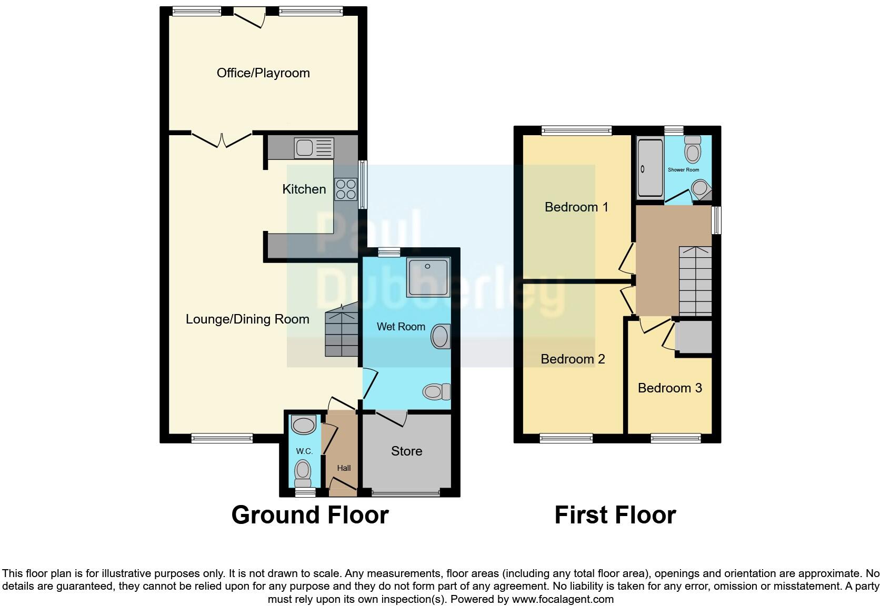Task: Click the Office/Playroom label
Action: (263, 73)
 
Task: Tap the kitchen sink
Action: (314, 148)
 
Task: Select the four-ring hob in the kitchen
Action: (345, 189)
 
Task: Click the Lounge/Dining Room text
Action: (247, 319)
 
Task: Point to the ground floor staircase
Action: (341, 333)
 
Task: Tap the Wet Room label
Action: (401, 327)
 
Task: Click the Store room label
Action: (406, 451)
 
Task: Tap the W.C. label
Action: (304, 451)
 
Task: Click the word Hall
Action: (344, 468)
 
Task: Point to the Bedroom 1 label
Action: (576, 207)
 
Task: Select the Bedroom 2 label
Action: (573, 359)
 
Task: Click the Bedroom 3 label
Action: (669, 388)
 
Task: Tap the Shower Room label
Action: (683, 170)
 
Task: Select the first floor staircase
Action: (695, 281)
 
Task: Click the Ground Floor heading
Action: (310, 514)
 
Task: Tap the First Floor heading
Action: (615, 514)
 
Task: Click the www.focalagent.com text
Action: (563, 599)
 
